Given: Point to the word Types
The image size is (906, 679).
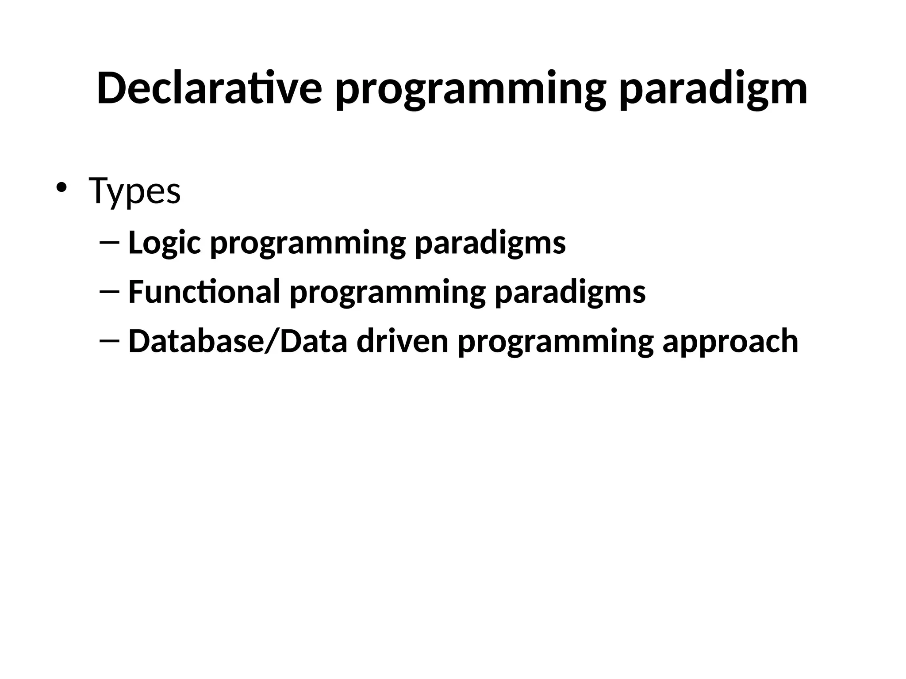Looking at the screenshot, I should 134,191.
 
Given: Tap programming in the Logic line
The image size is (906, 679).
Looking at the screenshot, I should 307,244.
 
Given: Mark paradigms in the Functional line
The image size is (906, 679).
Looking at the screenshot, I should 570,293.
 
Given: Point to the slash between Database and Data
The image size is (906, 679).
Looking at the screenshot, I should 272,341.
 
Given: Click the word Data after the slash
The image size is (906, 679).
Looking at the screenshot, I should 314,341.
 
